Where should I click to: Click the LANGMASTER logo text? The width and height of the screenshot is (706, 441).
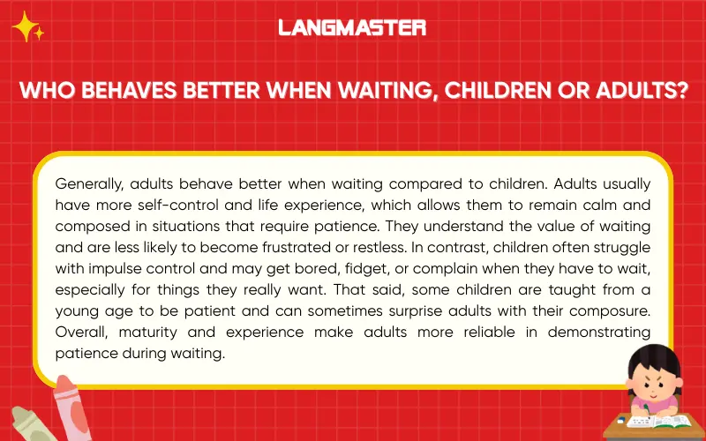[352, 27]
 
